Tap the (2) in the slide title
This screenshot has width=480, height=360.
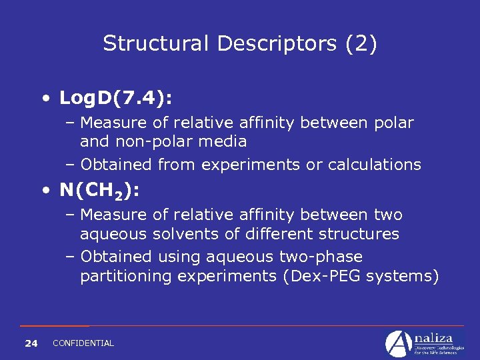tap(361, 44)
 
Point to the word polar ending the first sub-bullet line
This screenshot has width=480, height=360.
tap(394, 123)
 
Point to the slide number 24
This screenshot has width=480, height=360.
tap(31, 343)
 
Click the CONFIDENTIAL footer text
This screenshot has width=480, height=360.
tap(83, 343)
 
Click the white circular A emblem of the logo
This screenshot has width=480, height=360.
tap(399, 344)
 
